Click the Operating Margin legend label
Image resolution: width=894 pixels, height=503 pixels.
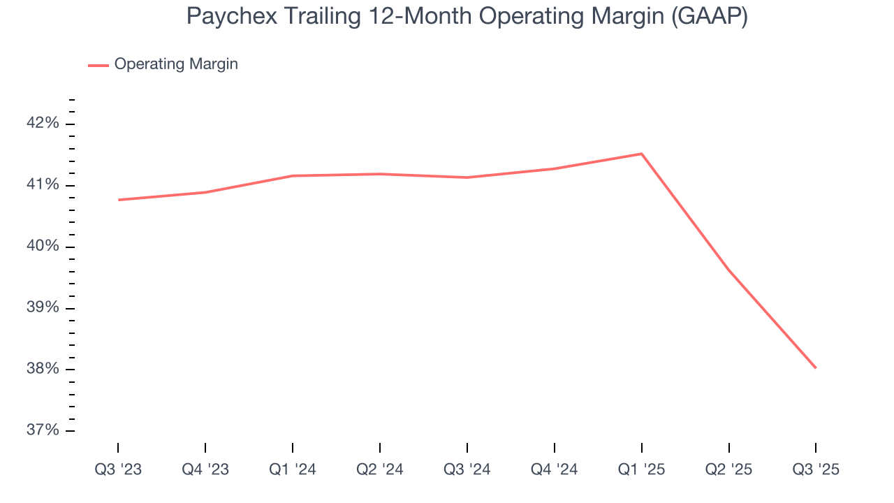(176, 64)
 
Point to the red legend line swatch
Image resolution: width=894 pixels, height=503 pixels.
(98, 65)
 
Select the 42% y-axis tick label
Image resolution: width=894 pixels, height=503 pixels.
(42, 124)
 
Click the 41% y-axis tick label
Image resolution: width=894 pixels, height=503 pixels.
(42, 185)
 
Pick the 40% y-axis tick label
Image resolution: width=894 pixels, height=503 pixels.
(42, 247)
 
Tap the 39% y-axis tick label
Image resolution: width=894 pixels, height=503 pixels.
(42, 308)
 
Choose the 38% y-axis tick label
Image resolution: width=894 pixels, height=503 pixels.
(42, 369)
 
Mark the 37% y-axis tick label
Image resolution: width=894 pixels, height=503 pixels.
(42, 430)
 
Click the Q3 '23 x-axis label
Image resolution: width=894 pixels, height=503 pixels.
(118, 469)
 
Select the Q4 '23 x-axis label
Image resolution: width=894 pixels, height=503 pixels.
(205, 469)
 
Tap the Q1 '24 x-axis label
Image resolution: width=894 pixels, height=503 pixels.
(293, 469)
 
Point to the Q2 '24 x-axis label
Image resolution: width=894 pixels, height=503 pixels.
(380, 469)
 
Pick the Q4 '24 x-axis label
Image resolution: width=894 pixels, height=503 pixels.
(555, 469)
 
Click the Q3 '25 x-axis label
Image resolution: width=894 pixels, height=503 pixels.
(816, 469)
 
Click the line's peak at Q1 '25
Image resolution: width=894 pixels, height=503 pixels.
(641, 154)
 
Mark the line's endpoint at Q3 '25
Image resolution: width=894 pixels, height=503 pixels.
(816, 367)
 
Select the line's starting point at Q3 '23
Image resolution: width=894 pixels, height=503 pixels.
(119, 200)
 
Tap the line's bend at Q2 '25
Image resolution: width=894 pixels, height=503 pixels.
(729, 270)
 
